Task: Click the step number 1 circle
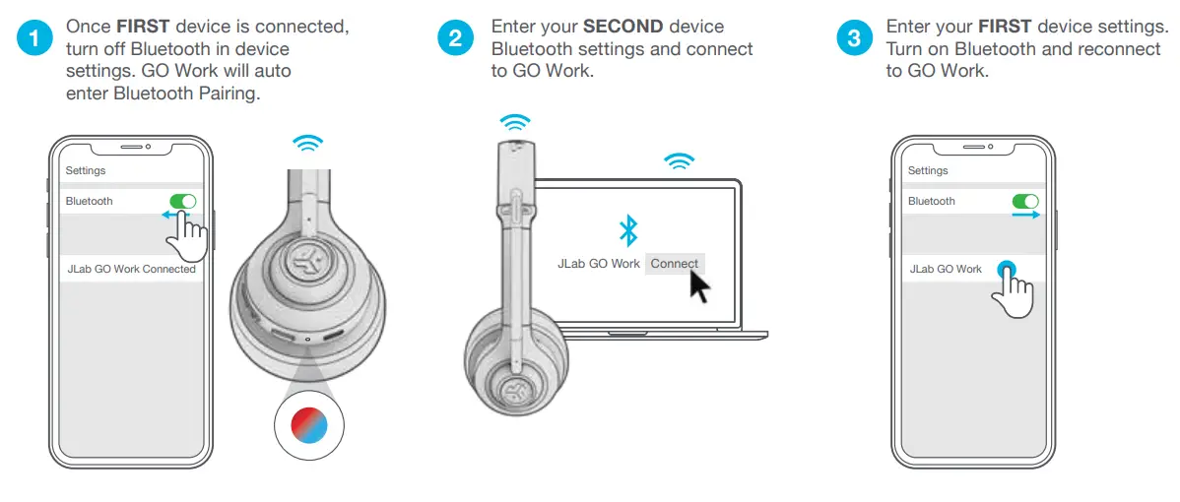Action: pos(36,39)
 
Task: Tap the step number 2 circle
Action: pos(455,39)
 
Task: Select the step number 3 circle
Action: pos(853,39)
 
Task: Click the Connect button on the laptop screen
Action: pos(675,264)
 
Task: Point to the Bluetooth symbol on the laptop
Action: pos(627,230)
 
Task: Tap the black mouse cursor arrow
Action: pos(699,286)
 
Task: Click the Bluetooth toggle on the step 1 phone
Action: pos(183,201)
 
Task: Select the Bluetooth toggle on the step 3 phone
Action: pos(1025,201)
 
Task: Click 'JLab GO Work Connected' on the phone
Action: pos(131,269)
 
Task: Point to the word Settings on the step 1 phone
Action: pos(86,170)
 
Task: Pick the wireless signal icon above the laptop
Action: pos(678,161)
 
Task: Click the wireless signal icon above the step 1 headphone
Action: pos(308,144)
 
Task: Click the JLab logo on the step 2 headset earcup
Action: pos(511,390)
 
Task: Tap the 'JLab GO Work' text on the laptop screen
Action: pos(599,264)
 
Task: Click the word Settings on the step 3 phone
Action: pos(928,170)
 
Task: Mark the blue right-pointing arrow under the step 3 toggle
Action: pos(1026,215)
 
